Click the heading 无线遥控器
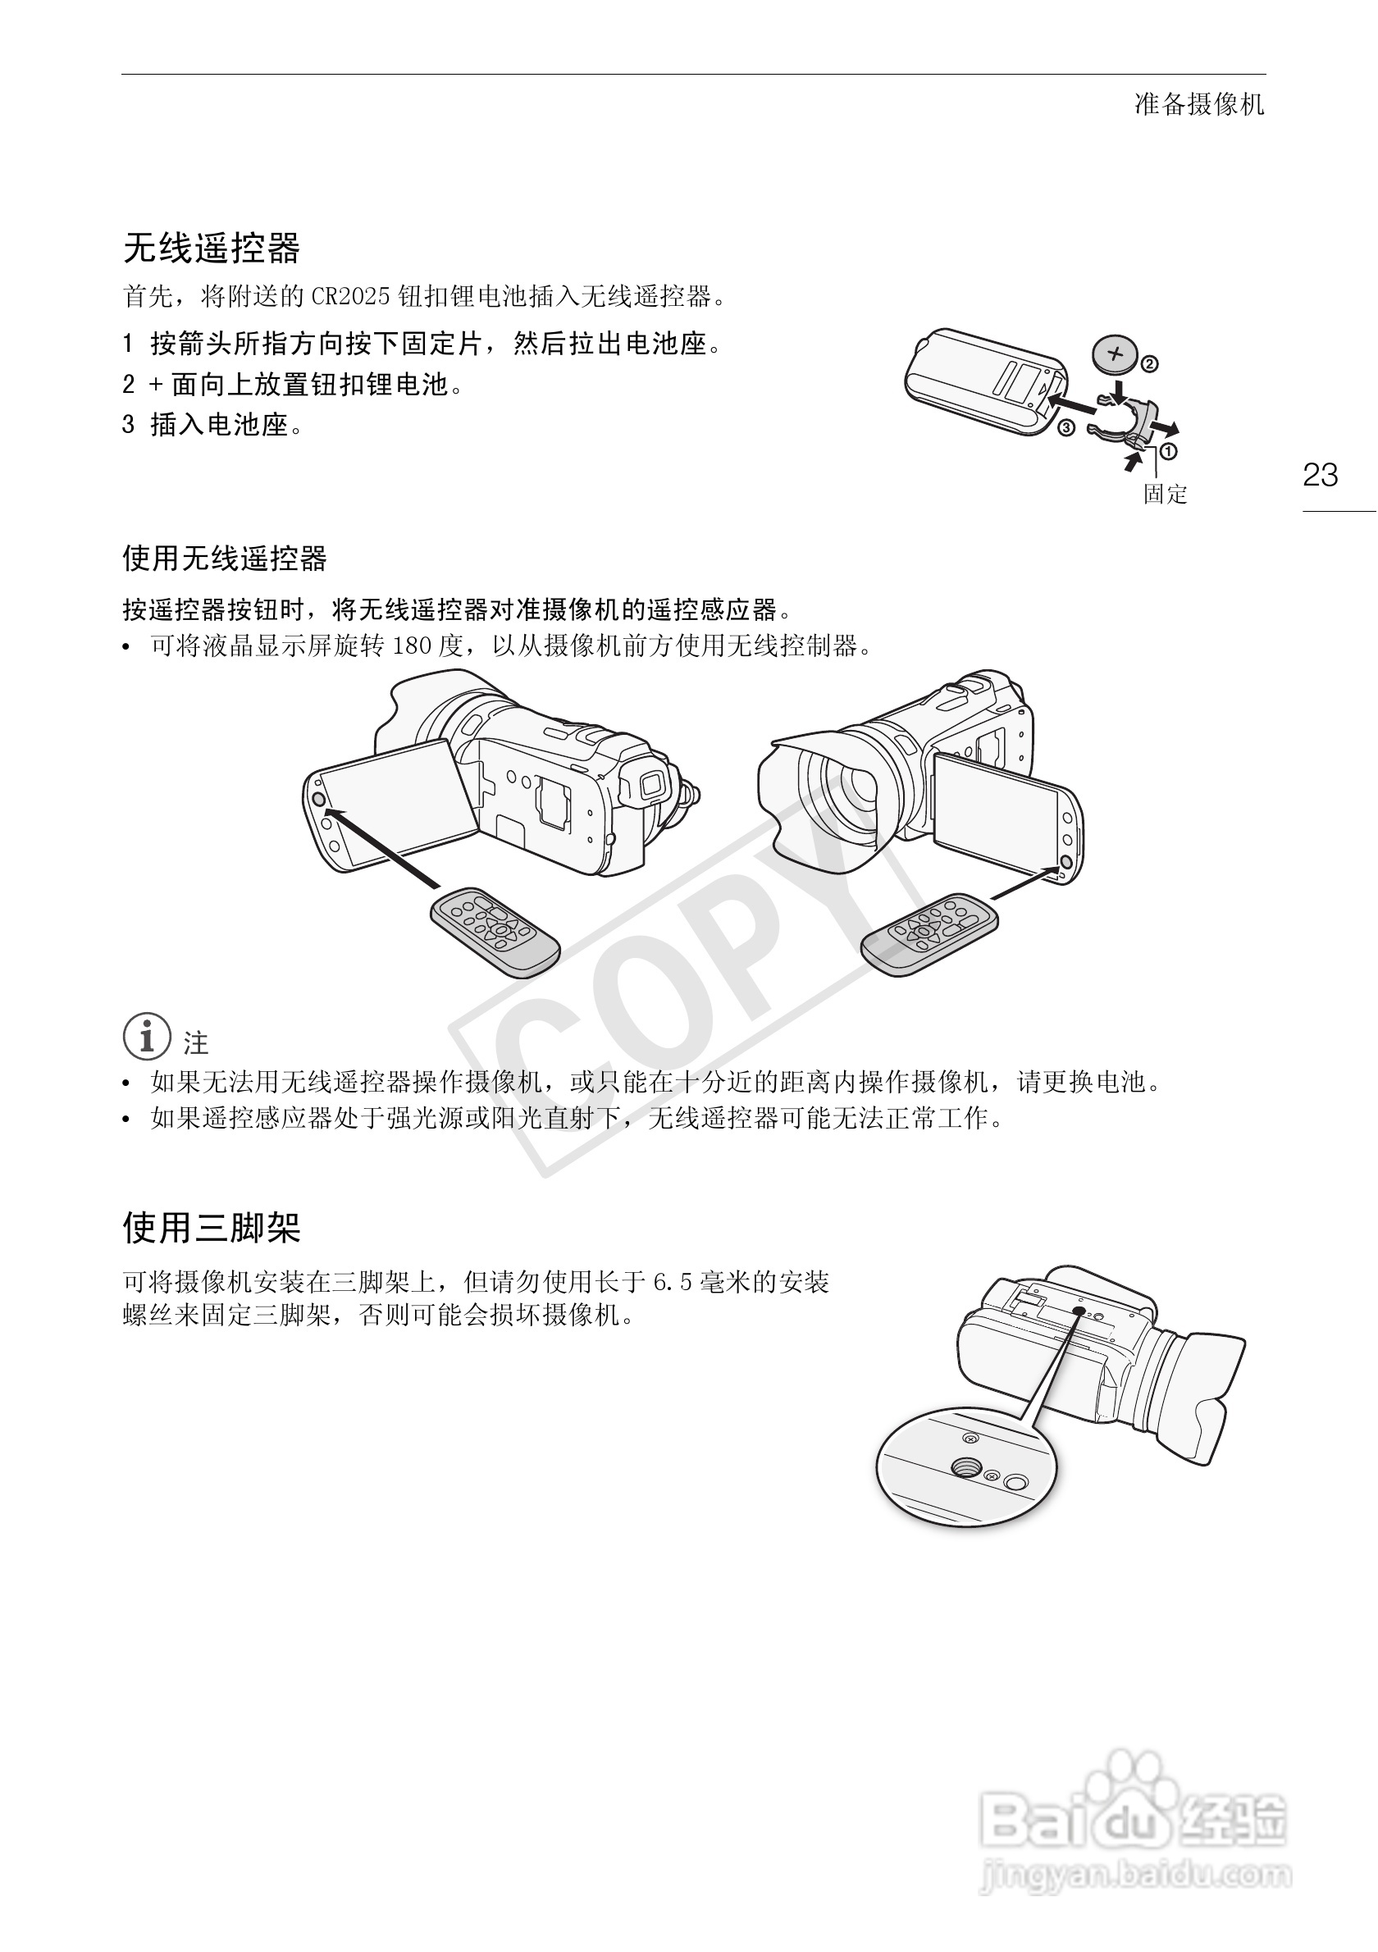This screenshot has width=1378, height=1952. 212,249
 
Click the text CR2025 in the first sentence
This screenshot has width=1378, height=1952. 350,297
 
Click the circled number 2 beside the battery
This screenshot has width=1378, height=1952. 1149,365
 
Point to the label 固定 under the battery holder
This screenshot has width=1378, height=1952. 1164,495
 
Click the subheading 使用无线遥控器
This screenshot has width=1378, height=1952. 225,559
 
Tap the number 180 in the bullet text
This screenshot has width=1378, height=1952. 413,646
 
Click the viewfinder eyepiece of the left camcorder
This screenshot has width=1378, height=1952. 651,783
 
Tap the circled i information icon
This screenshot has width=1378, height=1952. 147,1036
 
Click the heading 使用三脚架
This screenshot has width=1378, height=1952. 212,1228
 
